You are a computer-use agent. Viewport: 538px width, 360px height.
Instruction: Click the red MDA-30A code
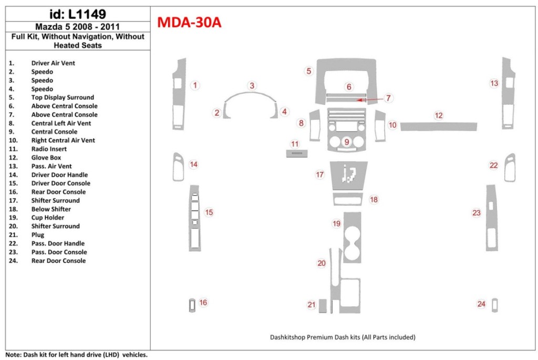point(189,23)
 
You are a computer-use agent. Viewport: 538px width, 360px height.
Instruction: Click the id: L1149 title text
point(77,14)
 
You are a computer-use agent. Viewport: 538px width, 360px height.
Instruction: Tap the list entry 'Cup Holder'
point(47,218)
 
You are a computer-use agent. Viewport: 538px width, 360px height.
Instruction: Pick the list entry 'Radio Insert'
point(48,149)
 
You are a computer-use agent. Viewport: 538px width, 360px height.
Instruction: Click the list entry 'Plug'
point(38,235)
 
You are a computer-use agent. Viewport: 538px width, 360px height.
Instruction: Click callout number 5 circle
point(309,71)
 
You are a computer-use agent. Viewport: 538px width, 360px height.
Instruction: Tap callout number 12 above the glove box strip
point(439,115)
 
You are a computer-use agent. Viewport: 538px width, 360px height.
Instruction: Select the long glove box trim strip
point(439,126)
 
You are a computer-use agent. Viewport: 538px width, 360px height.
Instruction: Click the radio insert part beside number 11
point(296,153)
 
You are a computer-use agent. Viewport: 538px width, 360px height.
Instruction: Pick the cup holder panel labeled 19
point(352,236)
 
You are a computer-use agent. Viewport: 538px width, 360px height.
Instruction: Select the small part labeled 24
point(494,305)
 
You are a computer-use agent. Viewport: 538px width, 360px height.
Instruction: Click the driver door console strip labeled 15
point(194,218)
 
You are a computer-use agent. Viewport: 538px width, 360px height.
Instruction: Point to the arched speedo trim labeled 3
point(250,96)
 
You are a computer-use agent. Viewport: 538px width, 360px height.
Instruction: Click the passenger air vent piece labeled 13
point(508,95)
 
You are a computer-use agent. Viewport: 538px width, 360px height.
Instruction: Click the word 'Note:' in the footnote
point(13,355)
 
